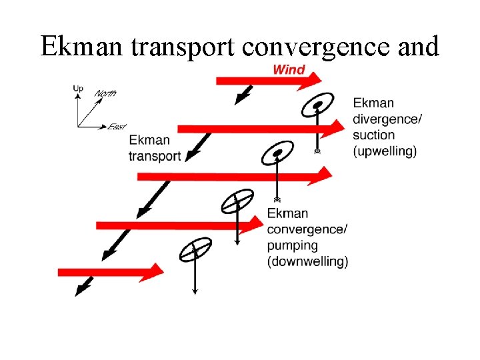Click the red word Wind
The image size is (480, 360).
[289, 69]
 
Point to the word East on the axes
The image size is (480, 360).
[117, 126]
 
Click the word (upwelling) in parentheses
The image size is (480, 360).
[385, 151]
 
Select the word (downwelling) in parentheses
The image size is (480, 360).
[307, 261]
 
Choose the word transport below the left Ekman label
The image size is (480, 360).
[155, 156]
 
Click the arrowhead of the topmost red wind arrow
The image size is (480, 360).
[313, 81]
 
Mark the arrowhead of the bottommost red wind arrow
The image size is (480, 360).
[155, 271]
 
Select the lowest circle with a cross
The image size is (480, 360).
[195, 249]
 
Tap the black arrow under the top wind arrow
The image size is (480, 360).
[243, 95]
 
